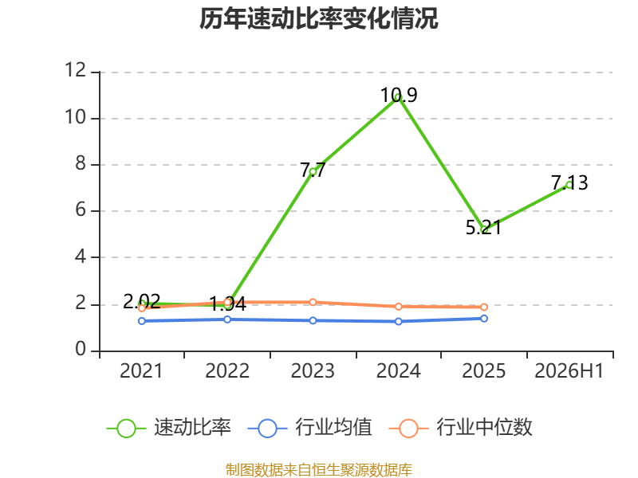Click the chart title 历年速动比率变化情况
point(318,18)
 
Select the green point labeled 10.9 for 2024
point(398,96)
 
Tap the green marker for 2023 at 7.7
point(313,171)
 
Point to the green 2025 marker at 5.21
point(484,229)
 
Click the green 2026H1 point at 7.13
point(569,185)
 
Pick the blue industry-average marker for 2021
point(142,321)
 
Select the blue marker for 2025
point(484,318)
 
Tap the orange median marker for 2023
point(313,302)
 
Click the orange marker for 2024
point(398,307)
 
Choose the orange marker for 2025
point(484,307)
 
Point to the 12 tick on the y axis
point(76,70)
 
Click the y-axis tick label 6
point(81,210)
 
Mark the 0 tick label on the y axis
point(81,350)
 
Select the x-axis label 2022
point(227,370)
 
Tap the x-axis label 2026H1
point(569,370)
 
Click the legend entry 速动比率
point(169,428)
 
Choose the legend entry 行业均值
point(310,428)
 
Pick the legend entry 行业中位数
point(461,428)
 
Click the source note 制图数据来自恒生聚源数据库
point(319,470)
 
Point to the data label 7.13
point(569,183)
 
